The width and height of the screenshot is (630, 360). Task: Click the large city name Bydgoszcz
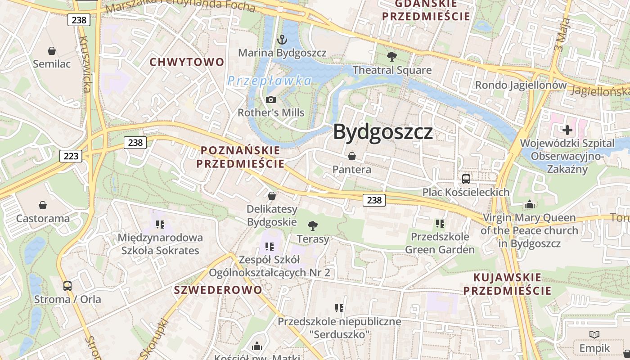click(383, 132)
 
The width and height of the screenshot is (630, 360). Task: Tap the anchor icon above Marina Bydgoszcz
click(282, 40)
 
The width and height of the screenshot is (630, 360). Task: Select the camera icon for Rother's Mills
click(271, 99)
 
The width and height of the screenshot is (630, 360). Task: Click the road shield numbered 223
click(71, 156)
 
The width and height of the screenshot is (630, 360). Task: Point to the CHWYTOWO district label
click(187, 62)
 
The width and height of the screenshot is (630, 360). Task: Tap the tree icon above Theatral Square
click(392, 57)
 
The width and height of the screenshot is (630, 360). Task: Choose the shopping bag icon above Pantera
click(352, 156)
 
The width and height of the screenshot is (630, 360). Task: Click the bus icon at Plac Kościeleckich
click(466, 179)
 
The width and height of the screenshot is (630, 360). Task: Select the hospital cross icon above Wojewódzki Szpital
click(567, 130)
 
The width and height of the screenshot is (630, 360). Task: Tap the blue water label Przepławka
click(269, 81)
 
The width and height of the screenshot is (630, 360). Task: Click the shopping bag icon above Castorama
click(43, 205)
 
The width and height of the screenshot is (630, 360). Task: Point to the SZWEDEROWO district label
click(218, 290)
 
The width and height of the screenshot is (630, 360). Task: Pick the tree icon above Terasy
click(312, 225)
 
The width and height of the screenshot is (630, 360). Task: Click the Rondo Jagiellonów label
click(521, 85)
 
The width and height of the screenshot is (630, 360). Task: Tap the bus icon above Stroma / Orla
click(67, 286)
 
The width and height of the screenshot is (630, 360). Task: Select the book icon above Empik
click(594, 334)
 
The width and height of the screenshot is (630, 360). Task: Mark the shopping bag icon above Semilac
click(52, 51)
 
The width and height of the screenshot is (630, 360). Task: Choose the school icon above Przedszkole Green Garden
click(440, 223)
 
